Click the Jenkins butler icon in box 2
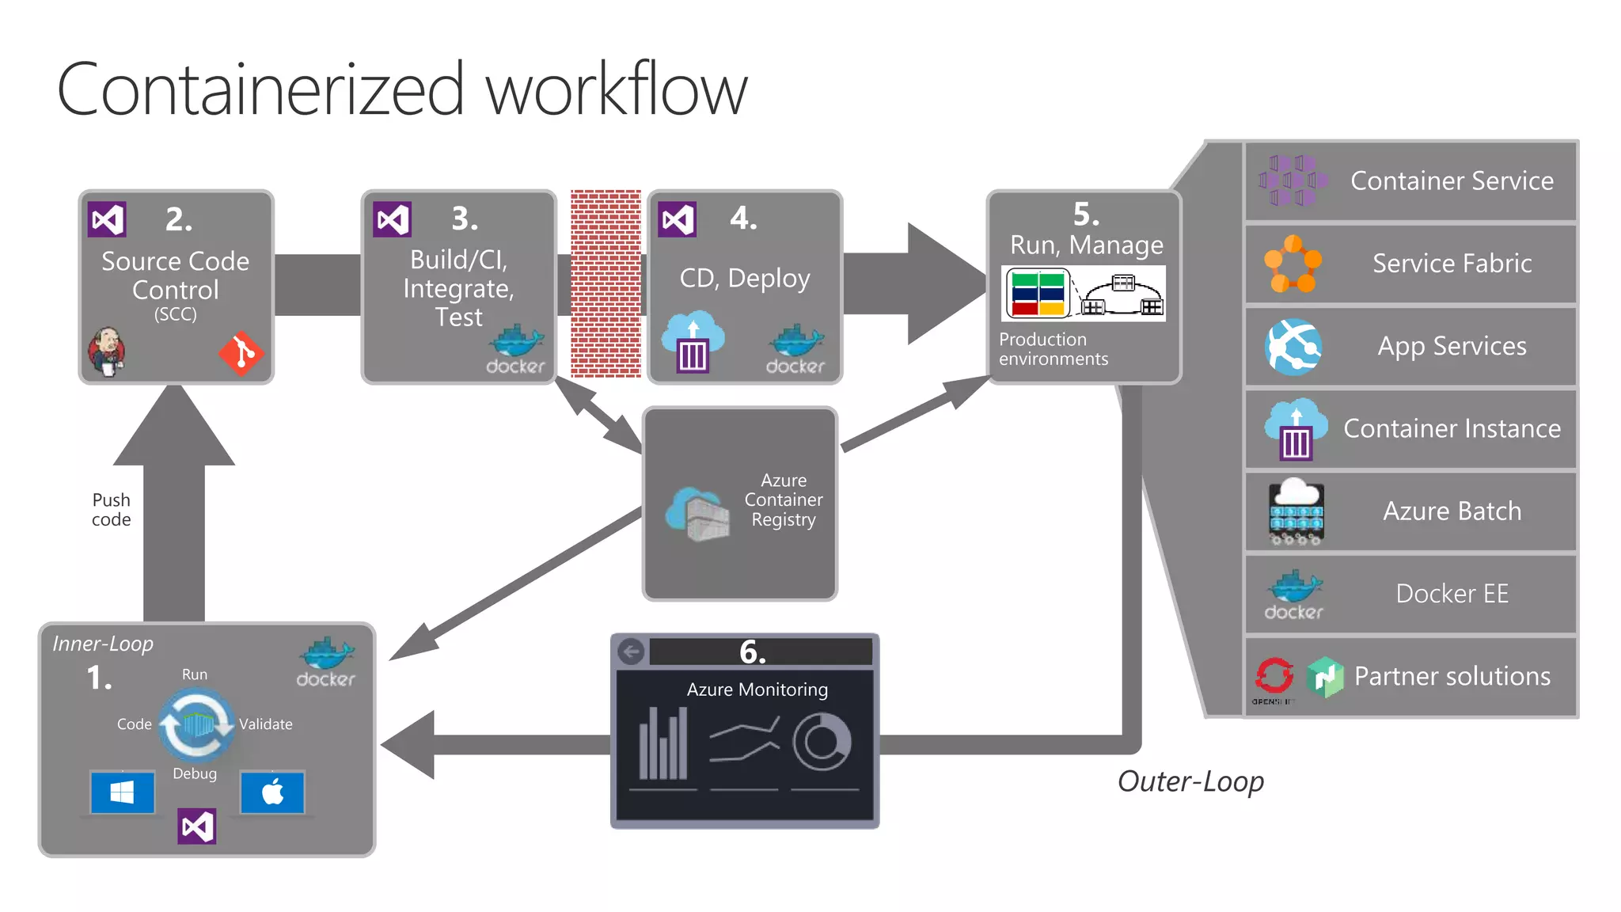click(107, 351)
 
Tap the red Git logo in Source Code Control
click(241, 353)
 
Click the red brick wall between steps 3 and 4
click(606, 283)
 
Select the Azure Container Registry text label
click(783, 500)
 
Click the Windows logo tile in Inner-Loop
click(122, 792)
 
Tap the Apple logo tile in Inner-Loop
click(272, 792)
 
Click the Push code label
click(111, 510)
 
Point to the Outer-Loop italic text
click(1190, 781)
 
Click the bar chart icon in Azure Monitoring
click(663, 744)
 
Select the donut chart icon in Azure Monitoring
click(822, 743)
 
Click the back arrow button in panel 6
click(631, 652)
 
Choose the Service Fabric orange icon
click(1293, 264)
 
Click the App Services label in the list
click(1452, 346)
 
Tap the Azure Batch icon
click(1296, 511)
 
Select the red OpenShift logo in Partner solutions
click(1274, 676)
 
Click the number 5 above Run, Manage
click(1086, 215)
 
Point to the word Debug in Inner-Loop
click(195, 773)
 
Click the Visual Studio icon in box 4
click(678, 219)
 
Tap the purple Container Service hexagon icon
click(1293, 180)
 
